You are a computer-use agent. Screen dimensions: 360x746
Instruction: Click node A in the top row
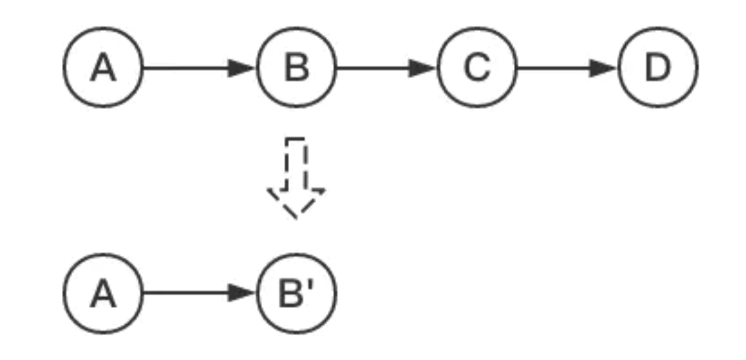point(103,67)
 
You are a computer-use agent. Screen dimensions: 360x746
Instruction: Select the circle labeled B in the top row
point(296,67)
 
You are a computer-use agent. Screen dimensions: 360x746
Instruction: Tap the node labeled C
point(477,67)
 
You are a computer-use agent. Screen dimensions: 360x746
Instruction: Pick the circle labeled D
point(658,67)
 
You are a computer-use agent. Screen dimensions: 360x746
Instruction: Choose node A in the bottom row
point(103,293)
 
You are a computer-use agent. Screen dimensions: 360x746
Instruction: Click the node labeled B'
point(296,293)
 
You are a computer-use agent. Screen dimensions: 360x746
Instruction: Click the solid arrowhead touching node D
point(603,67)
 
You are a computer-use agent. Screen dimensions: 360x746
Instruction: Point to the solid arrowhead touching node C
point(422,67)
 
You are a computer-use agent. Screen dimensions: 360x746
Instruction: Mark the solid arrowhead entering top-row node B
point(241,67)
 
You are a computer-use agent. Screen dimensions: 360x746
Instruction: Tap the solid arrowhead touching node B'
point(241,293)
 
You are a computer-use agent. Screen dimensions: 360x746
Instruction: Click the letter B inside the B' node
point(291,294)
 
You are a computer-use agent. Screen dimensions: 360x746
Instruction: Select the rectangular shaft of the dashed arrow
point(296,164)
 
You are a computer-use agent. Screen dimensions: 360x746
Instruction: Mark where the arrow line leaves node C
point(518,67)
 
